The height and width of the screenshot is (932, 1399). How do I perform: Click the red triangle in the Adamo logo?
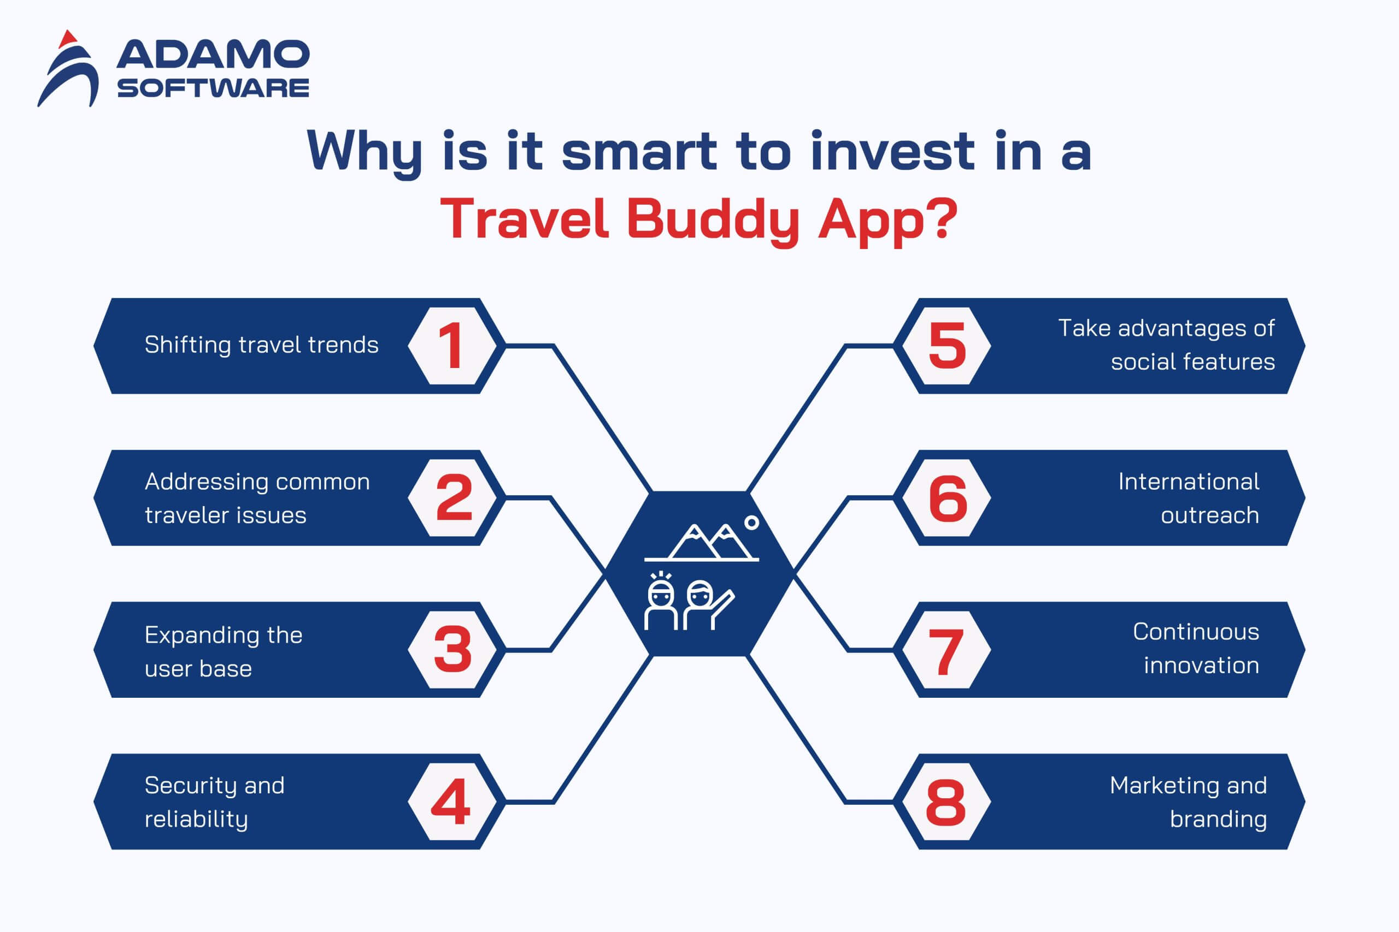(x=68, y=39)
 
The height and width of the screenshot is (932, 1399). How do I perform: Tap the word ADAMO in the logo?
(x=213, y=54)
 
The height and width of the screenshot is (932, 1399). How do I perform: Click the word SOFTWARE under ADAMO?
(x=213, y=88)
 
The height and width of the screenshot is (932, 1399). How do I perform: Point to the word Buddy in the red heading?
(x=713, y=219)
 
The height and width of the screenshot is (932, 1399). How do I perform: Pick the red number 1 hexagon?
(x=452, y=346)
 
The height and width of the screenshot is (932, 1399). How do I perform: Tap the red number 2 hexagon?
(x=452, y=497)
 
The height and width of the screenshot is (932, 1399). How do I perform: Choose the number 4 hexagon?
(x=452, y=802)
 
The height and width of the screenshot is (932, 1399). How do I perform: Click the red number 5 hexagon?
(x=947, y=346)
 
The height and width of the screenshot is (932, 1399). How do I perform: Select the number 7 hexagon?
(x=947, y=650)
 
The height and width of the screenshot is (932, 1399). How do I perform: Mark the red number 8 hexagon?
(x=947, y=802)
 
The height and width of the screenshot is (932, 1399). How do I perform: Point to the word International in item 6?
(x=1189, y=482)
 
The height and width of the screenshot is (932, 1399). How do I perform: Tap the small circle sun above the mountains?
(x=752, y=523)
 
